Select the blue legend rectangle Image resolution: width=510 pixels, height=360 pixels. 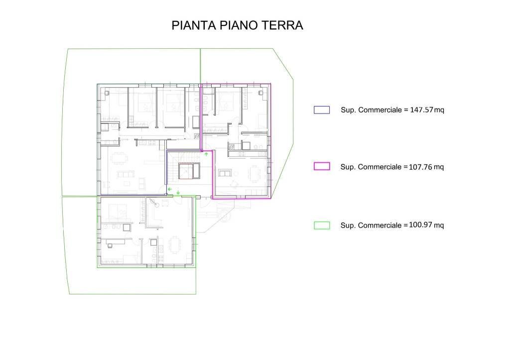[322, 110]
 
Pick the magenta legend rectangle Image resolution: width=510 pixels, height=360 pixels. [322, 166]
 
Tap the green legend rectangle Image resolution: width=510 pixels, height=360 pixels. [322, 225]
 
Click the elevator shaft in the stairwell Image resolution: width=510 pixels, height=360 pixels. [187, 170]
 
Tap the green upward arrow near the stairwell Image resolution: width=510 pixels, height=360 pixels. [206, 155]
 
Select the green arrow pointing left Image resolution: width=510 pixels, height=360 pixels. [170, 189]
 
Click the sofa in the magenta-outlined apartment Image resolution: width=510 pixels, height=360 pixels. [225, 173]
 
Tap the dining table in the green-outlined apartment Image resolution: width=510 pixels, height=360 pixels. [175, 244]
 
